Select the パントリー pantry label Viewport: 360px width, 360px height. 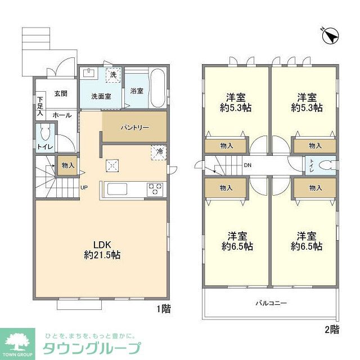click(135, 127)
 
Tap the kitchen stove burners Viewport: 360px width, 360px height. click(155, 190)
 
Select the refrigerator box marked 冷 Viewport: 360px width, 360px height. click(160, 151)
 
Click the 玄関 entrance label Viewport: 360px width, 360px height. click(60, 94)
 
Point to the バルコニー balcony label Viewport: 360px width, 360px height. click(272, 303)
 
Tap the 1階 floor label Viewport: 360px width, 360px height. click(163, 308)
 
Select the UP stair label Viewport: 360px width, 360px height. click(84, 188)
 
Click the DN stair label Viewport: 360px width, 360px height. click(247, 165)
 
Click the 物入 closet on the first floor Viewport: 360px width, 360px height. click(68, 165)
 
